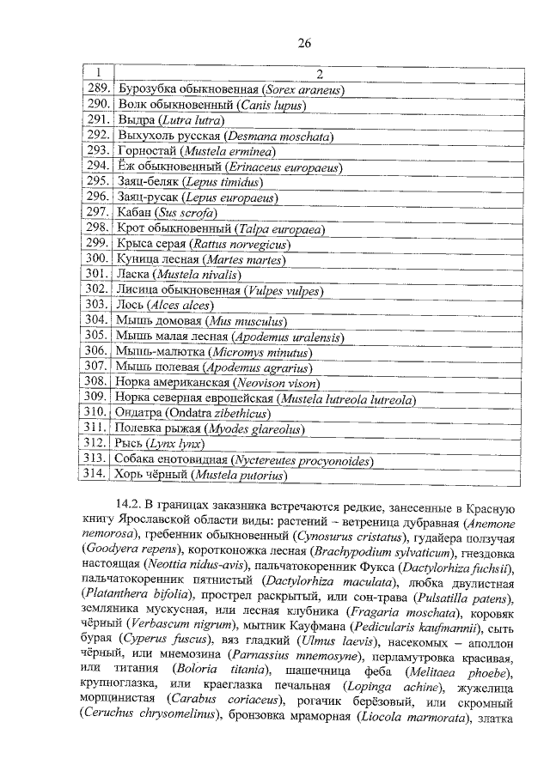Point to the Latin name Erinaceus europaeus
279,166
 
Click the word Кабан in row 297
134,212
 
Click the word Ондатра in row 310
139,413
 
